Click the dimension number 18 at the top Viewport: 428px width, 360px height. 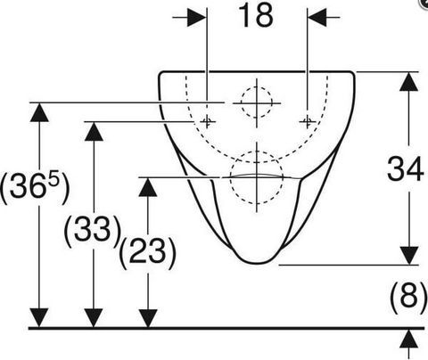coord(256,15)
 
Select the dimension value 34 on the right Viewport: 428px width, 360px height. coord(405,169)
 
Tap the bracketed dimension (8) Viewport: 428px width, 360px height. coord(408,297)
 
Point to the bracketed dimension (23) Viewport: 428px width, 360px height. coord(148,252)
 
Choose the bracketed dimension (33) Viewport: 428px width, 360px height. coord(93,231)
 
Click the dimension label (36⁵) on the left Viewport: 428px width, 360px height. coord(35,188)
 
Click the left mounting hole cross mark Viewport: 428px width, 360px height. coord(207,121)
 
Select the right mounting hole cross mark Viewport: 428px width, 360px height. coord(308,121)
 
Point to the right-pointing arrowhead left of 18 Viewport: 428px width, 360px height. coord(196,17)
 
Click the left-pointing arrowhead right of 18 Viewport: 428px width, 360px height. coord(317,17)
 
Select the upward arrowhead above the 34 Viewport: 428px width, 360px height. coord(409,81)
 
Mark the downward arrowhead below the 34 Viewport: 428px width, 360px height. coord(409,255)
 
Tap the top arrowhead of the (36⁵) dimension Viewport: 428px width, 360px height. coord(39,112)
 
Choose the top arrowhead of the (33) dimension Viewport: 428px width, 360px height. coord(94,131)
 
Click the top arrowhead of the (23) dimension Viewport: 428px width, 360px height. coord(148,187)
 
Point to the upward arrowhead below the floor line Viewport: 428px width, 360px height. coord(409,339)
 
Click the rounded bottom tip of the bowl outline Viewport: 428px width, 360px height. coord(258,263)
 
